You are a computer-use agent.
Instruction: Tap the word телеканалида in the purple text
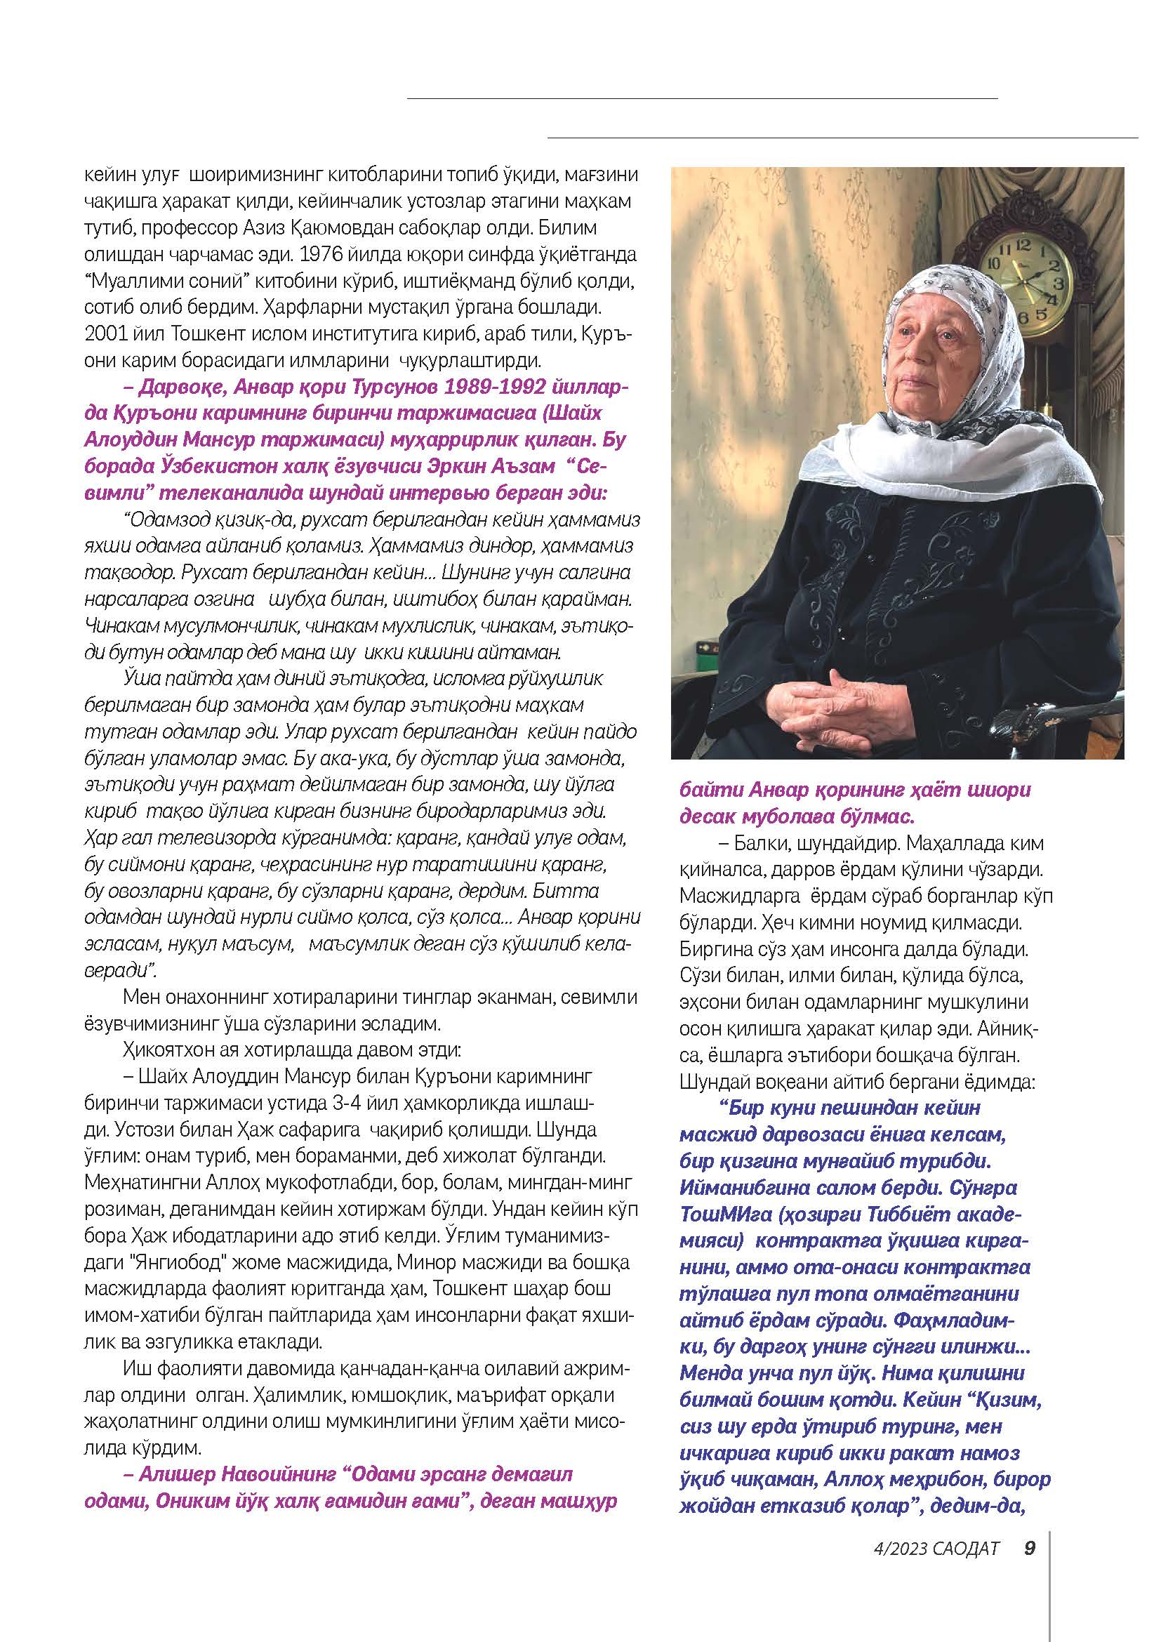(249, 493)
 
